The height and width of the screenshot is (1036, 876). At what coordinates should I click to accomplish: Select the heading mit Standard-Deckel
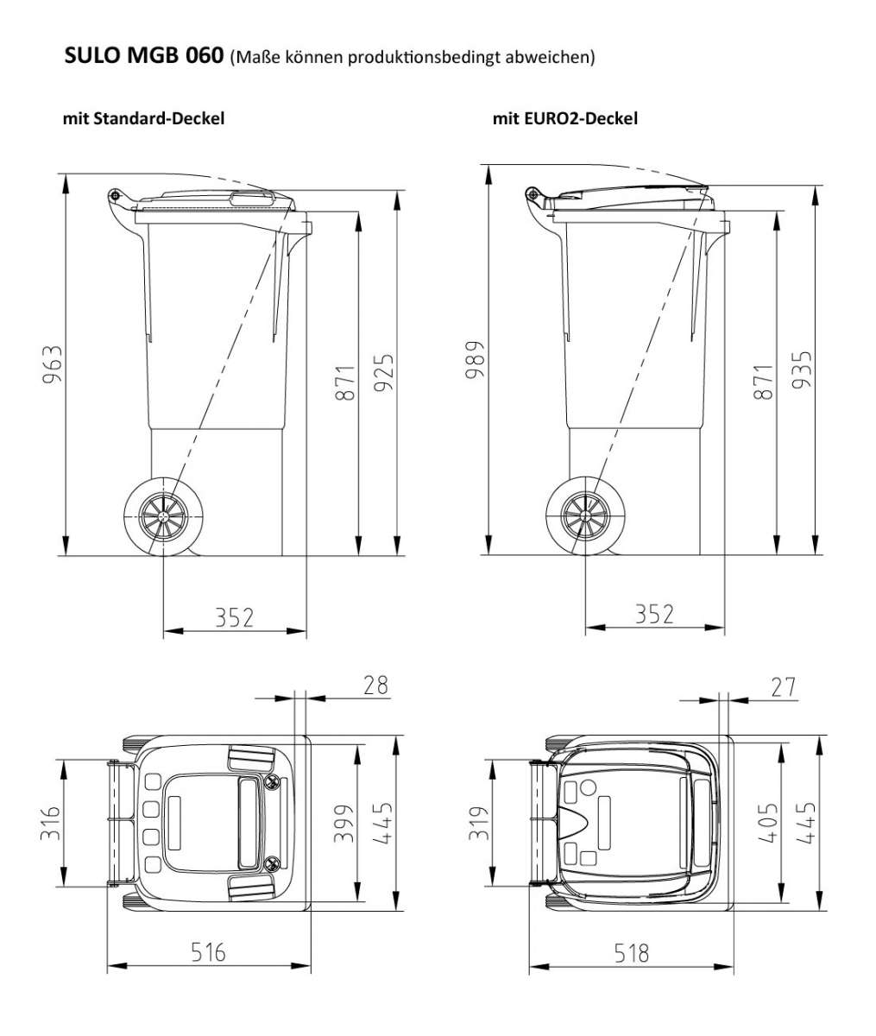coord(143,118)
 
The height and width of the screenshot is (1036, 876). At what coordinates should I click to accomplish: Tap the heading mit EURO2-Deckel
coord(564,118)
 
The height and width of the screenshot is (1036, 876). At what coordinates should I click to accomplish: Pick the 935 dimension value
coord(803,369)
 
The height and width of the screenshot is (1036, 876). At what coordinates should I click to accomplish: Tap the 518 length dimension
coord(631,953)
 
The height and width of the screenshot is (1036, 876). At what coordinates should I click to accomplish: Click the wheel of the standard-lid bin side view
coord(163,518)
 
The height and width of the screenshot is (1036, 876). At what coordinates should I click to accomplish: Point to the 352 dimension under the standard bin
coord(234,617)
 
